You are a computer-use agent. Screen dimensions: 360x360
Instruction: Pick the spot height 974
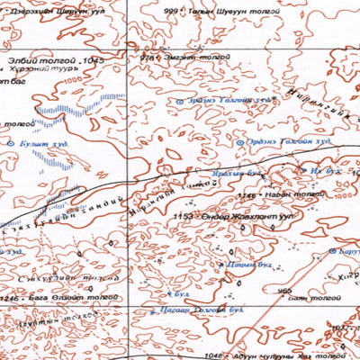coord(147,56)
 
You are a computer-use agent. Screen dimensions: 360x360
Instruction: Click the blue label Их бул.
coord(323,168)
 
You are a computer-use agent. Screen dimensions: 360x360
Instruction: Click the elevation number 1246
coord(9,298)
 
